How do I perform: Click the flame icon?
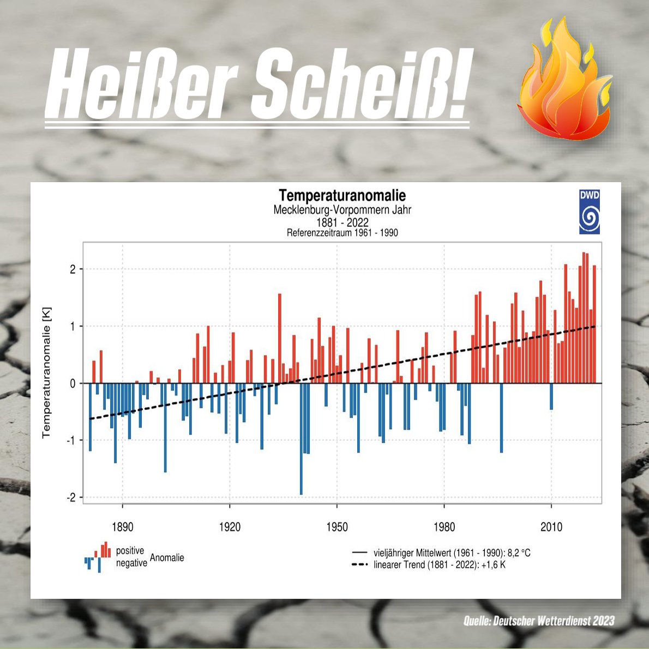click(x=565, y=82)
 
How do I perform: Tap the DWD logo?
click(x=589, y=212)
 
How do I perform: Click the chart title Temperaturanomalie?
click(x=342, y=195)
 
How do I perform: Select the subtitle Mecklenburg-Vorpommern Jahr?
click(x=342, y=210)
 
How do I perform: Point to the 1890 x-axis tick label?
click(x=122, y=527)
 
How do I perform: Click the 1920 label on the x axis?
click(x=230, y=527)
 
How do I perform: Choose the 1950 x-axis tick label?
click(x=336, y=527)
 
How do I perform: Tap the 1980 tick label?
click(x=444, y=527)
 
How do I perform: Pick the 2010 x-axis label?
click(x=551, y=527)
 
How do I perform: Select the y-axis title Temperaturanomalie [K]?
click(x=47, y=372)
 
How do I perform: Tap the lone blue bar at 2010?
click(x=551, y=396)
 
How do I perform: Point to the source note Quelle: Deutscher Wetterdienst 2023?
click(x=539, y=621)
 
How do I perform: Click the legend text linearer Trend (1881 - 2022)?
click(x=439, y=565)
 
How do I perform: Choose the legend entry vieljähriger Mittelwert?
click(x=452, y=553)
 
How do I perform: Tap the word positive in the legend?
click(x=130, y=551)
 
